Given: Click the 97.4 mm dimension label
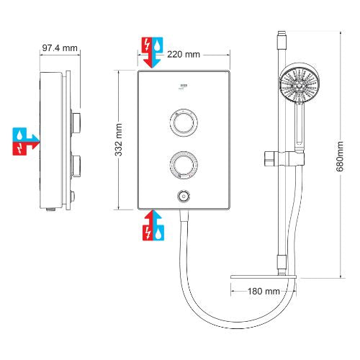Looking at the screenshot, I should (x=59, y=48).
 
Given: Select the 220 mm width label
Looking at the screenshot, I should (x=183, y=54).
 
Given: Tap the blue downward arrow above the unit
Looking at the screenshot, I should (x=158, y=51).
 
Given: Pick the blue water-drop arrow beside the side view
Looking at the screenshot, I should (x=26, y=135).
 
